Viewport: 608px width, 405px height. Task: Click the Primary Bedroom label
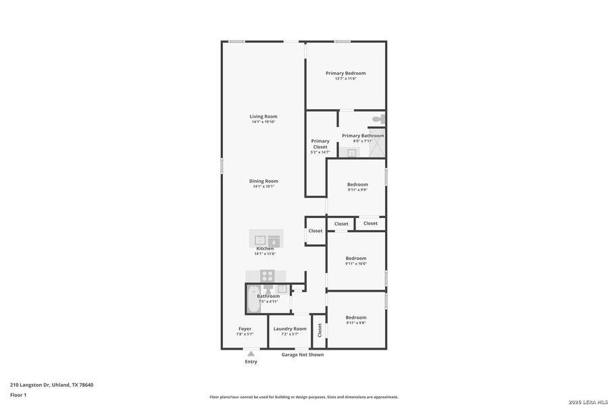(345, 73)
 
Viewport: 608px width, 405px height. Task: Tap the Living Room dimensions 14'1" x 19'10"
(263, 122)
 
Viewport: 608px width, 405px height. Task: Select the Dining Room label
(263, 181)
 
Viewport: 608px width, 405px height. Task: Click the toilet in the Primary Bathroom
(378, 119)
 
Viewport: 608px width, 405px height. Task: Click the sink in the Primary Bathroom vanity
(351, 153)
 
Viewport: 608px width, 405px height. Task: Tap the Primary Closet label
(320, 144)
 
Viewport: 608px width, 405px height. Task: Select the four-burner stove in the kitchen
(268, 275)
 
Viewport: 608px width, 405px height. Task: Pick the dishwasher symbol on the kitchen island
(274, 240)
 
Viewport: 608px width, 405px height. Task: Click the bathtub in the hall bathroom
(253, 299)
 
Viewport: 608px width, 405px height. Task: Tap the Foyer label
(245, 329)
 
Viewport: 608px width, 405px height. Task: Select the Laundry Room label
(290, 329)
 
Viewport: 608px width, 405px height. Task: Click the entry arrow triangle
(251, 353)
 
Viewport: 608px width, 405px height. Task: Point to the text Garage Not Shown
(303, 354)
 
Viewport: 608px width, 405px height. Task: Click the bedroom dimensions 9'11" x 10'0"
(356, 264)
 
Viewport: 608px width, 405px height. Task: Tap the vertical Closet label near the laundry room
(320, 330)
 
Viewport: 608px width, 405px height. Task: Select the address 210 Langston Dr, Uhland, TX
(51, 385)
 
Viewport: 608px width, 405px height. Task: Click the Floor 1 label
(18, 394)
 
